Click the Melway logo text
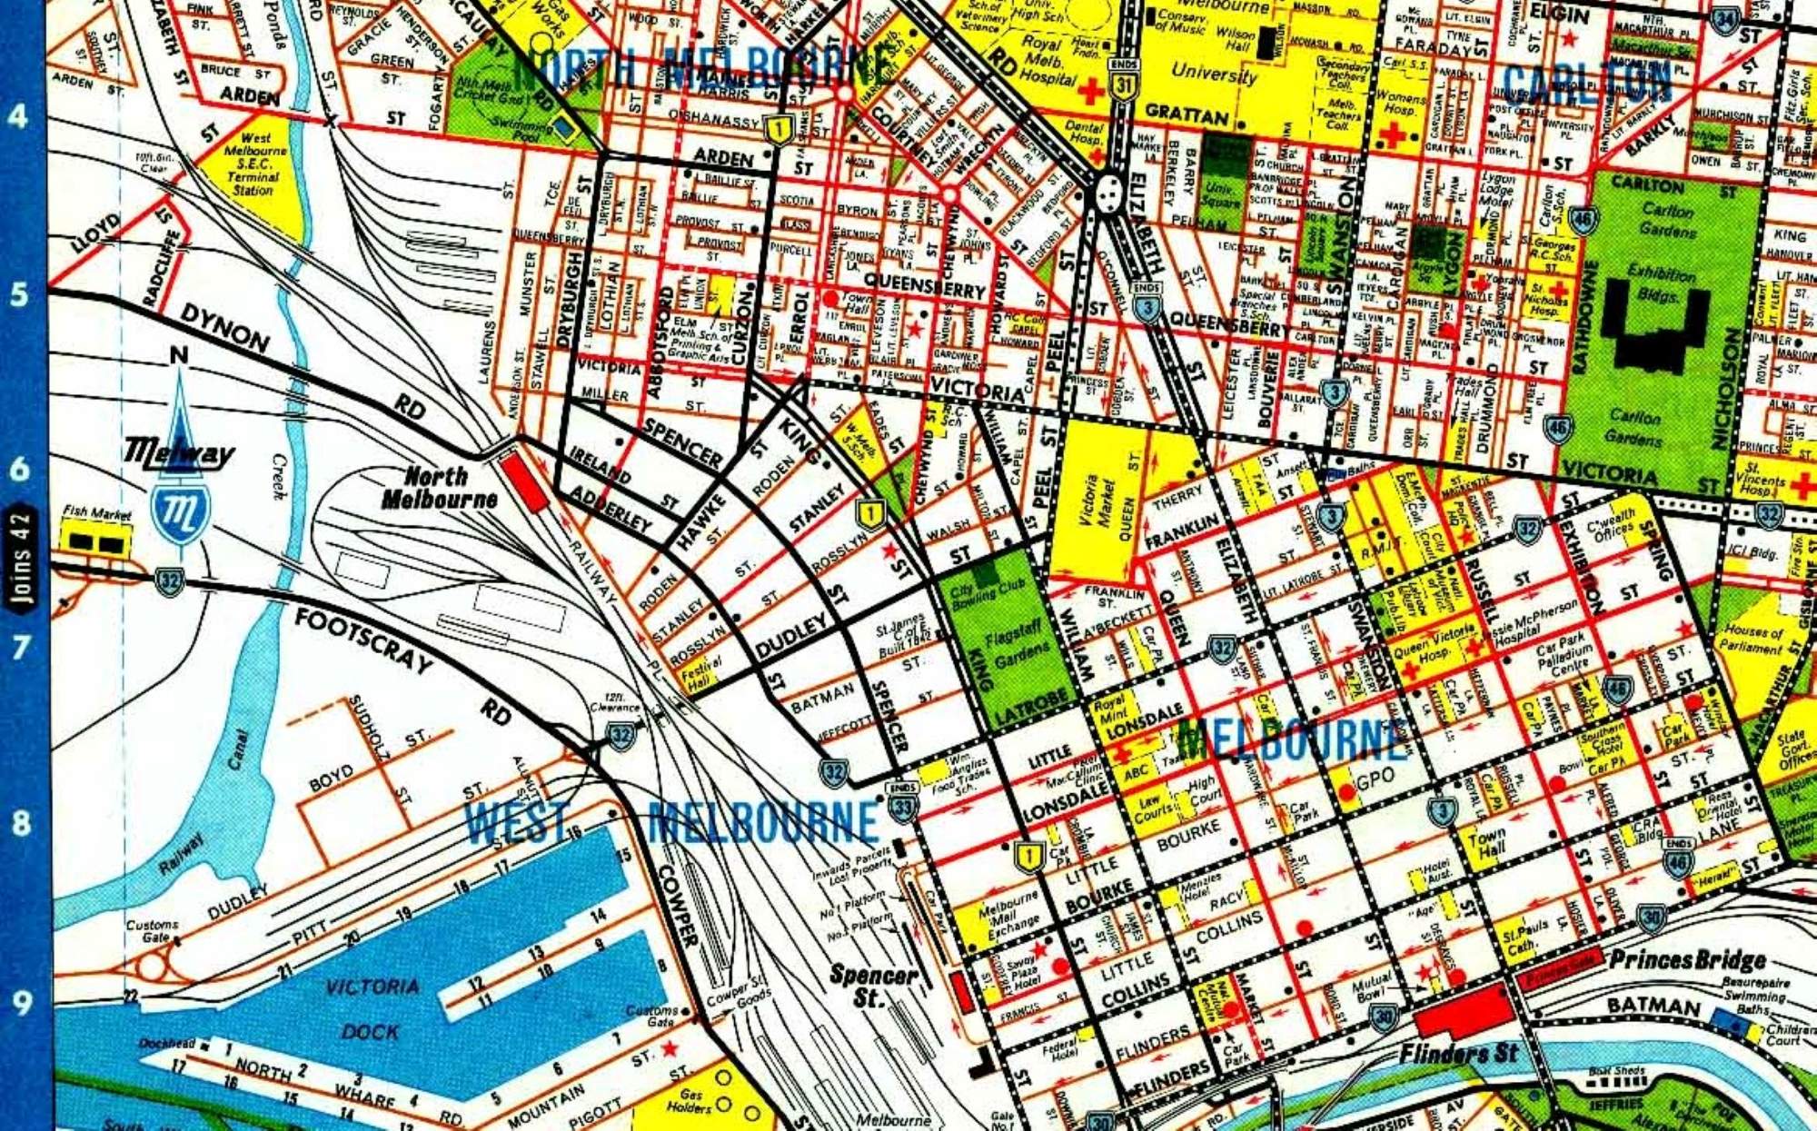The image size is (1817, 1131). point(178,451)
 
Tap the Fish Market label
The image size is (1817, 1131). point(96,514)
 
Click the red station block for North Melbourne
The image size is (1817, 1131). point(523,481)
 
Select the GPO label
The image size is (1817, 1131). point(1374,779)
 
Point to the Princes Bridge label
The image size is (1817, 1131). point(1687,959)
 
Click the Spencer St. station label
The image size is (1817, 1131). point(871,986)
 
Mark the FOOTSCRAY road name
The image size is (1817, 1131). point(363,640)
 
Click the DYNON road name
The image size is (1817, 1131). point(224,327)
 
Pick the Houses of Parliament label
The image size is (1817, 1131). point(1752,640)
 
